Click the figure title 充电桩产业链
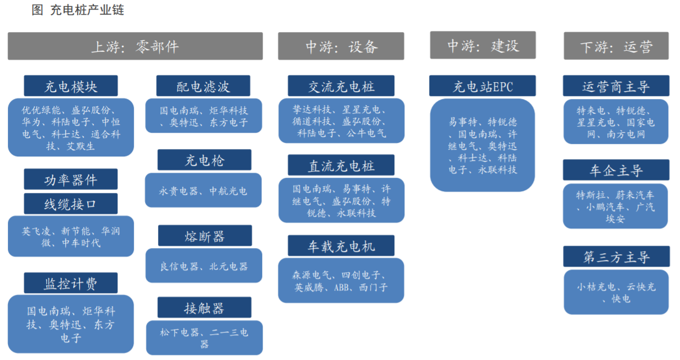click(x=87, y=10)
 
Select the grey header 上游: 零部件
click(x=135, y=46)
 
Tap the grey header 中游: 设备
click(x=341, y=46)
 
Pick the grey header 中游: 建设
click(x=483, y=45)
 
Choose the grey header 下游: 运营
click(x=616, y=46)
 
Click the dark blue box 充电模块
click(x=71, y=86)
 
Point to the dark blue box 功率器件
click(x=71, y=179)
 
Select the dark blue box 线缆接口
click(x=71, y=204)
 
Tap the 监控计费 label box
click(x=71, y=283)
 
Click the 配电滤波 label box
click(x=203, y=86)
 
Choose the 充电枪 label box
click(x=204, y=160)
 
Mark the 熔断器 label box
click(x=205, y=236)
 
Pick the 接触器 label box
click(x=204, y=308)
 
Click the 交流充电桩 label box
click(x=341, y=86)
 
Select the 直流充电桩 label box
click(x=341, y=165)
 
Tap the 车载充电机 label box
click(x=341, y=246)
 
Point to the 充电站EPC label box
click(x=483, y=86)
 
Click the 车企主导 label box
click(x=616, y=170)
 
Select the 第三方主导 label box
click(x=616, y=256)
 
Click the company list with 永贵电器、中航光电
click(x=203, y=190)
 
